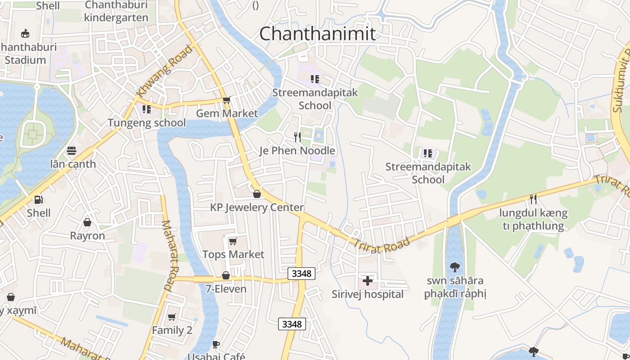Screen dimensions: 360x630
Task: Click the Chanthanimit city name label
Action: point(317,34)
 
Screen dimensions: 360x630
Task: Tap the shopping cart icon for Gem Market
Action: point(226,100)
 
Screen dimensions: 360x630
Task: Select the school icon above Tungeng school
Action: point(146,109)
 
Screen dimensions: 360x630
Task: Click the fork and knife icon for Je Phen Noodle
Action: point(297,137)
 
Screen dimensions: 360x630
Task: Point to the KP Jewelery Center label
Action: point(257,207)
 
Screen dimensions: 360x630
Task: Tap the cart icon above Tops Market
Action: point(233,242)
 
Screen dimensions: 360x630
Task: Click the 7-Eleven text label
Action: point(226,289)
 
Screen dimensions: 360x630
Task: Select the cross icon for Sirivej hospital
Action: point(368,281)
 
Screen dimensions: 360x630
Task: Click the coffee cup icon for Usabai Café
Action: point(216,345)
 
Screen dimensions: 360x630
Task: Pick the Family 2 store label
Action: point(172,330)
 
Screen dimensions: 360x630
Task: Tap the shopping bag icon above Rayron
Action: point(87,222)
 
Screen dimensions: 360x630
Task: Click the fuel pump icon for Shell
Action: point(39,199)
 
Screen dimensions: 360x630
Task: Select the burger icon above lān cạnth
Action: point(72,150)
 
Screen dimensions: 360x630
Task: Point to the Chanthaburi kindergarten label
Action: point(116,11)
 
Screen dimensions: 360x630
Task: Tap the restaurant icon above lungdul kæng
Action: point(533,199)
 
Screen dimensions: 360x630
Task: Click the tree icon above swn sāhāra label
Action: point(455,267)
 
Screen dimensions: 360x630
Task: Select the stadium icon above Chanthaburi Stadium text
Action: point(26,33)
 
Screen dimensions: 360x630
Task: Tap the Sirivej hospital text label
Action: point(368,294)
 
